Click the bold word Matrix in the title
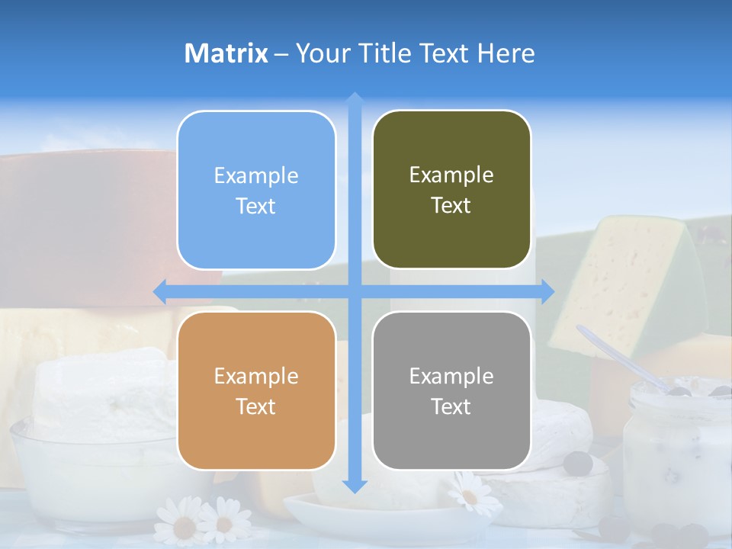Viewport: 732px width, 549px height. tap(226, 53)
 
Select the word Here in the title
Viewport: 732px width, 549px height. tap(506, 53)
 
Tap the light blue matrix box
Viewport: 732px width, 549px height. tap(256, 190)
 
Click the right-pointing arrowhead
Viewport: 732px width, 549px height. tap(547, 291)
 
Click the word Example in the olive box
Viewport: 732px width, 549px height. tap(451, 175)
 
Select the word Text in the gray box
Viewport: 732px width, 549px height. tap(451, 406)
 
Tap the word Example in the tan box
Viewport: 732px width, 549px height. tap(256, 376)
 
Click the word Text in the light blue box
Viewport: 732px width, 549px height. tap(256, 206)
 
